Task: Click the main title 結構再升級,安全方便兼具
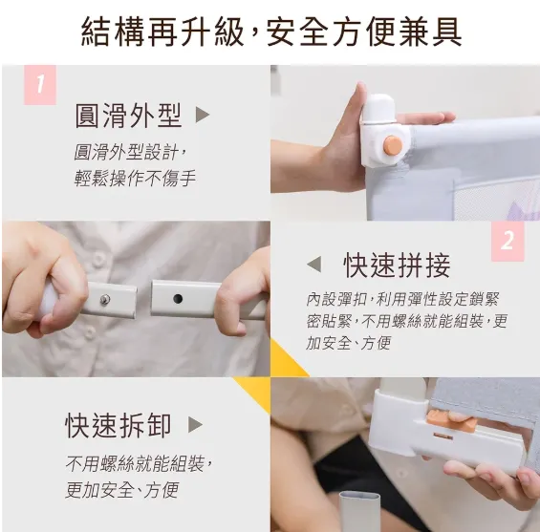[x=270, y=31]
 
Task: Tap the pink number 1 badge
[x=40, y=84]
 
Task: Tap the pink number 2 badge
[x=508, y=241]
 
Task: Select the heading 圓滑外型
[x=128, y=116]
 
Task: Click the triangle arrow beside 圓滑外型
[x=202, y=116]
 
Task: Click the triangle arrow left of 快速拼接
[x=313, y=265]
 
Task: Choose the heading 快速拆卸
[x=119, y=425]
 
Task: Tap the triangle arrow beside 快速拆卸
[x=195, y=425]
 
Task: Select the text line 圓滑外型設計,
[x=130, y=153]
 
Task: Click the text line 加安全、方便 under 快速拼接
[x=348, y=343]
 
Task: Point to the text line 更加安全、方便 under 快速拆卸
[x=121, y=490]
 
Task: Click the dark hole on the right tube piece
[x=178, y=298]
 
